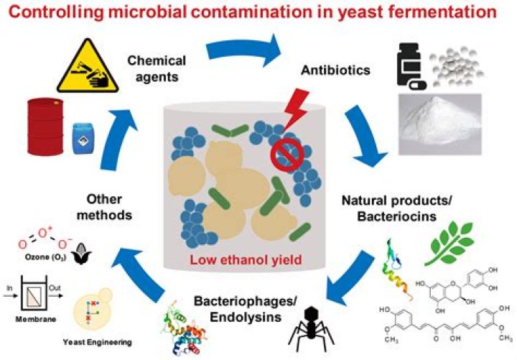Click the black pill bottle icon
411,68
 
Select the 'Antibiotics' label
325,71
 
